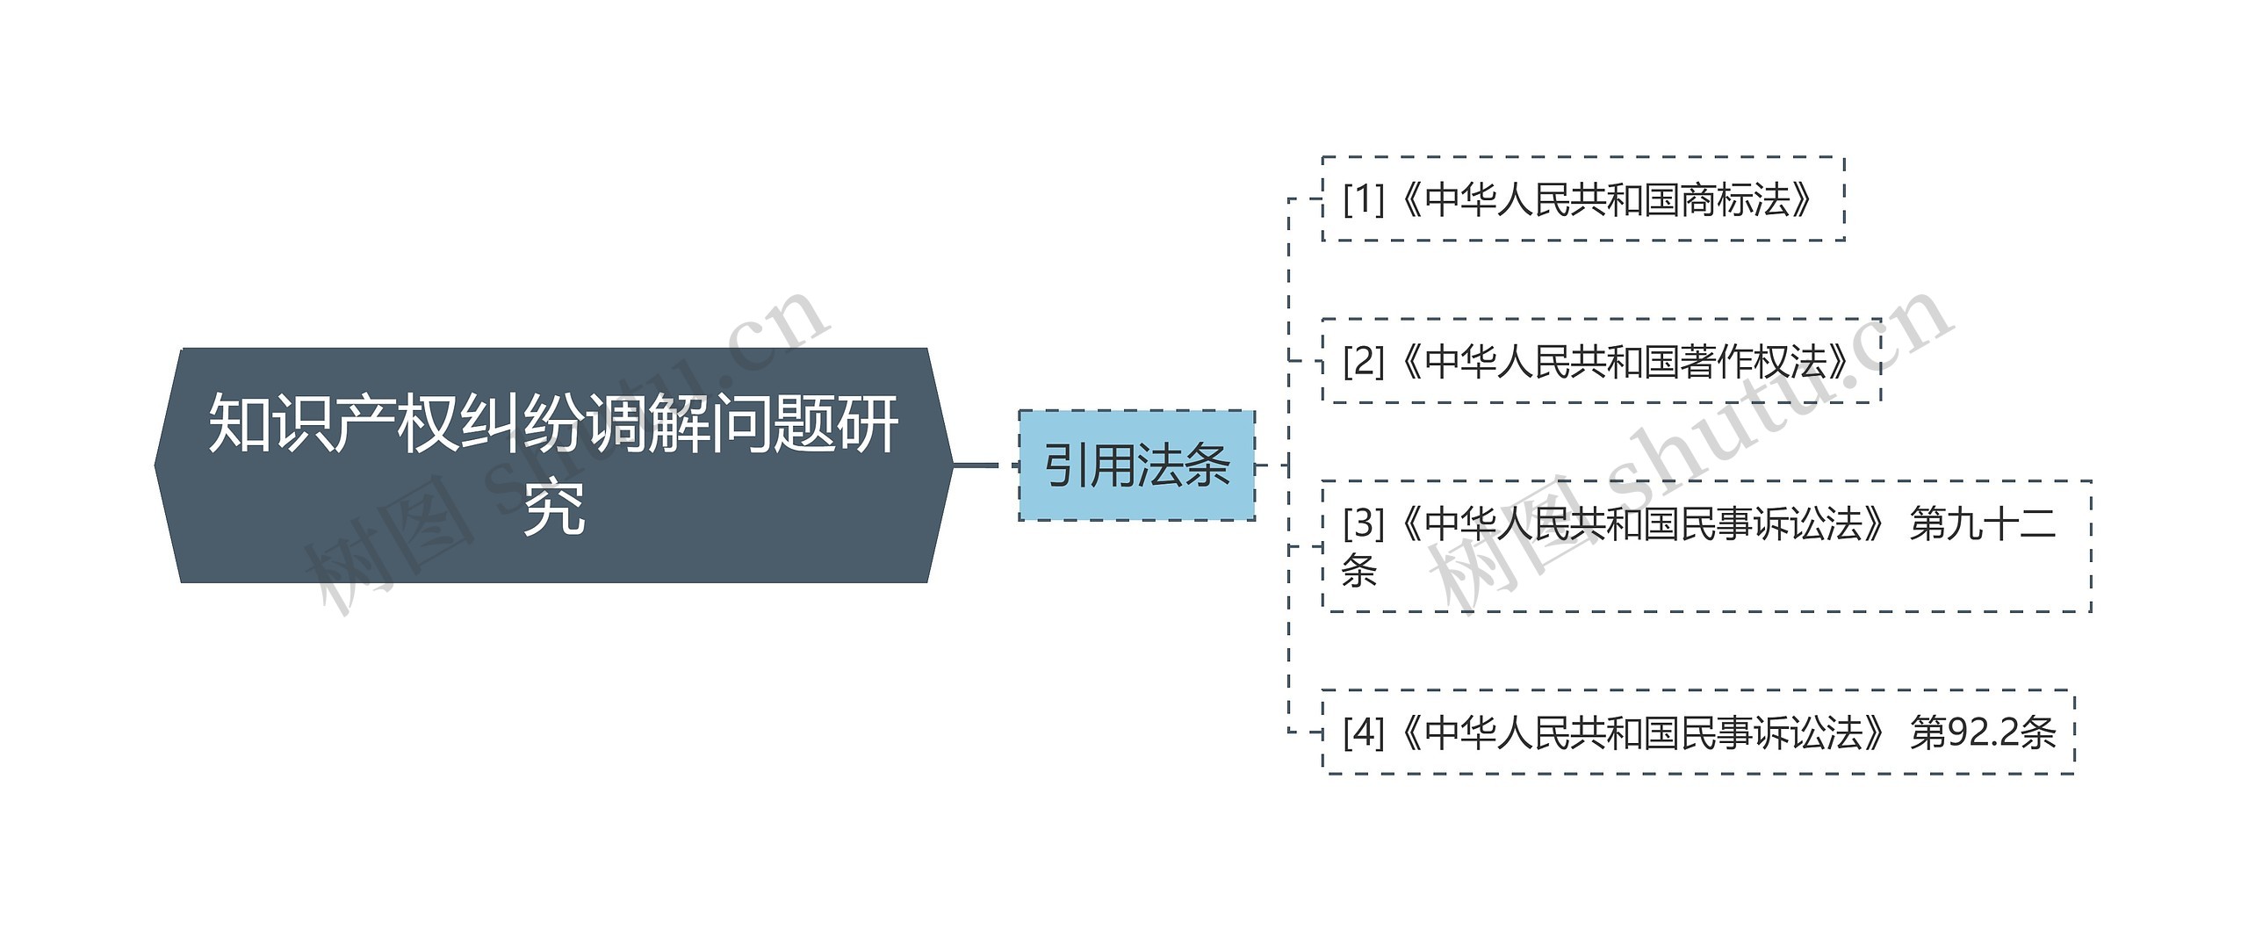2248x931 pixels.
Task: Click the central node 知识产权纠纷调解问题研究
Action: [553, 465]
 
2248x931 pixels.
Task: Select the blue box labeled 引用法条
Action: [1136, 465]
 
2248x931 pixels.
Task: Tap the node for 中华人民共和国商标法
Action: [1582, 199]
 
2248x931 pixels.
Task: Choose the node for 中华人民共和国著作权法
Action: [1601, 361]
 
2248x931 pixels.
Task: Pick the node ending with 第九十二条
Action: [1706, 545]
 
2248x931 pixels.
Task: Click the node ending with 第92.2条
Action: [1697, 732]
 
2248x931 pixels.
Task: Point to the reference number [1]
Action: [1363, 199]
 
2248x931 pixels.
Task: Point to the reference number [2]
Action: [1363, 361]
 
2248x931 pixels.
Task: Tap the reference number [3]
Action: [1363, 523]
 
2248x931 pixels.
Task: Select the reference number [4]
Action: [1363, 732]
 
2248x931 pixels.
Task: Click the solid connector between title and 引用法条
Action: [976, 465]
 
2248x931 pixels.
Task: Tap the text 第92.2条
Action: [1983, 732]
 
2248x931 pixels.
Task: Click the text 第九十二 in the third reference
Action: [1983, 523]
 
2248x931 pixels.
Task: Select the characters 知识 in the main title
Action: [270, 423]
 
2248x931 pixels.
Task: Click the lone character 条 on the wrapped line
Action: [1358, 571]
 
